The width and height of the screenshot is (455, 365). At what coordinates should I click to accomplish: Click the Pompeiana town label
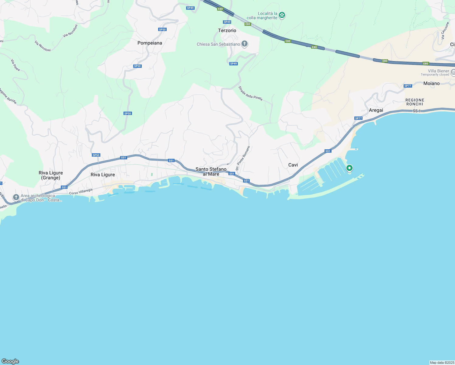coord(150,43)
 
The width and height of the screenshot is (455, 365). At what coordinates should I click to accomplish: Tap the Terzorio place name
coord(227,31)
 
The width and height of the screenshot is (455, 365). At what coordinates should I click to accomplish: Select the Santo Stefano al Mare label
coord(211,172)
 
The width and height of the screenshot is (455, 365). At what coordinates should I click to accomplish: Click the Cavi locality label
coord(293,165)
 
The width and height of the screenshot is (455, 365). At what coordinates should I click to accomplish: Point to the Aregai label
coord(376,110)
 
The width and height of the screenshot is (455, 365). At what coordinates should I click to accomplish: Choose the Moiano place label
coord(431,83)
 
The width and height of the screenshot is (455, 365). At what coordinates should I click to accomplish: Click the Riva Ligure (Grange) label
coord(51,175)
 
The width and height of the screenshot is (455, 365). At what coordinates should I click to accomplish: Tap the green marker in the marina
coord(349,168)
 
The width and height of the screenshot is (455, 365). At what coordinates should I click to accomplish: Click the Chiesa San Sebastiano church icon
coord(245,44)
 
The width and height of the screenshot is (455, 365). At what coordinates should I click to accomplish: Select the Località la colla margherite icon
coord(282,15)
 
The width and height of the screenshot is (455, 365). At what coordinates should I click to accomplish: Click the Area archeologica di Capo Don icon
coord(16,197)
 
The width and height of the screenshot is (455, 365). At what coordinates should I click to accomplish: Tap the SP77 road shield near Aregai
coord(358,118)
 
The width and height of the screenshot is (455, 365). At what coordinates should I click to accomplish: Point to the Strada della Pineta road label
coord(250,93)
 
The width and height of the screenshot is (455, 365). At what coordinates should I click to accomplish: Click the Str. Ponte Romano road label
coord(243,158)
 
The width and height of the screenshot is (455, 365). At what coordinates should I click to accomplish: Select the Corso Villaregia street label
coord(81,192)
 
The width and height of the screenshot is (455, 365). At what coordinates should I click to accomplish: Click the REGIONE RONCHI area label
coord(415,102)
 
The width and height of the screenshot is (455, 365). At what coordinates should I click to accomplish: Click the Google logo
coord(10,361)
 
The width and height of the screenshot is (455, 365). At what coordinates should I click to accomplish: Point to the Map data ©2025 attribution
coord(442,363)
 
